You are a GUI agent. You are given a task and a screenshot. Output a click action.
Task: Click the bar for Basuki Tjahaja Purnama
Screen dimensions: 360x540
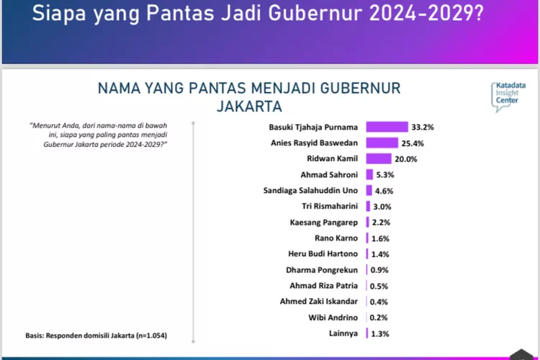click(387, 127)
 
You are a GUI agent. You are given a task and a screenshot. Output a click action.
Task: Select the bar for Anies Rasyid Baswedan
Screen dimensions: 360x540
click(382, 143)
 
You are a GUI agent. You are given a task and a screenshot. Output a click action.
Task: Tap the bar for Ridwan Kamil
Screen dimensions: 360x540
click(378, 158)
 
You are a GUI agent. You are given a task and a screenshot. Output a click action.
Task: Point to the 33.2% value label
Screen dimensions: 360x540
click(423, 127)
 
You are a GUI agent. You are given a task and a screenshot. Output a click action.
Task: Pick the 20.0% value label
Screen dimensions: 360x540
click(405, 159)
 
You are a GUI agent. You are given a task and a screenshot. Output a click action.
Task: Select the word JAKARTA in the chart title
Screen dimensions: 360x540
click(249, 107)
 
